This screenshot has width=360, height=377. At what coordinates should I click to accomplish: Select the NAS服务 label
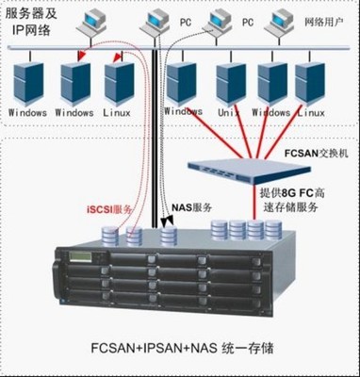(x=194, y=205)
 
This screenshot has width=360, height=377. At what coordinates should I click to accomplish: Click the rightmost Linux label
(x=310, y=111)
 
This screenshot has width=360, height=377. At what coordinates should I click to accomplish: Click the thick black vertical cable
(x=153, y=141)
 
